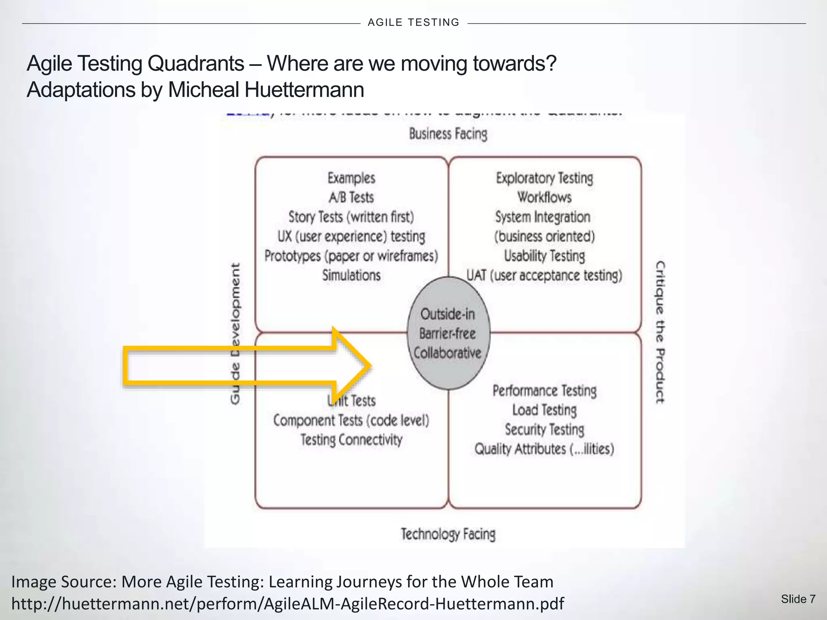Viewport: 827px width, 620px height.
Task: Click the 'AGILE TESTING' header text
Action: click(x=413, y=23)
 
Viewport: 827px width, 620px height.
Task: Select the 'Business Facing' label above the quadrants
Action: click(x=448, y=134)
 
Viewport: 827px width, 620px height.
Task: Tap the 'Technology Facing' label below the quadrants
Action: click(x=448, y=534)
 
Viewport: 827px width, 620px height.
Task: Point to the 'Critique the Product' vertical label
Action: click(x=660, y=332)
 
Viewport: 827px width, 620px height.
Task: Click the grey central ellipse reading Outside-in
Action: click(x=448, y=333)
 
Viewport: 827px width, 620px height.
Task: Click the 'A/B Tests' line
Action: click(x=351, y=197)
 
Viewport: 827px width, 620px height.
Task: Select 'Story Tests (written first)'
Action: click(x=351, y=217)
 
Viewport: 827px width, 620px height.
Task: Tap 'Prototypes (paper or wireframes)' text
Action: click(x=351, y=256)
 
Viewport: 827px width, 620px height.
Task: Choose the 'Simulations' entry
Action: click(x=351, y=275)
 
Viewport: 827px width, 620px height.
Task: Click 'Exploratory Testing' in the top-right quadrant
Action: click(x=544, y=178)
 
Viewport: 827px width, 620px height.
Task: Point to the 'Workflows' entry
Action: click(x=544, y=197)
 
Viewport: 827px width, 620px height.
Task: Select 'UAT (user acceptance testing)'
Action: click(x=544, y=275)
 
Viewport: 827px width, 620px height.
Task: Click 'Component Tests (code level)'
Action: click(x=351, y=421)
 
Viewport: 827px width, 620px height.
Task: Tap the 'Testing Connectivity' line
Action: click(x=351, y=440)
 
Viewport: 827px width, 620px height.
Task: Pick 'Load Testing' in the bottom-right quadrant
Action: click(x=544, y=410)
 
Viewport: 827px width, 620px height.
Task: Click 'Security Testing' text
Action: click(x=544, y=429)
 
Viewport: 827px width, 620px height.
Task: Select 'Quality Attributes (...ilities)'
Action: click(x=544, y=449)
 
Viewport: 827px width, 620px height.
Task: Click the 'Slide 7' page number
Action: click(x=798, y=599)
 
